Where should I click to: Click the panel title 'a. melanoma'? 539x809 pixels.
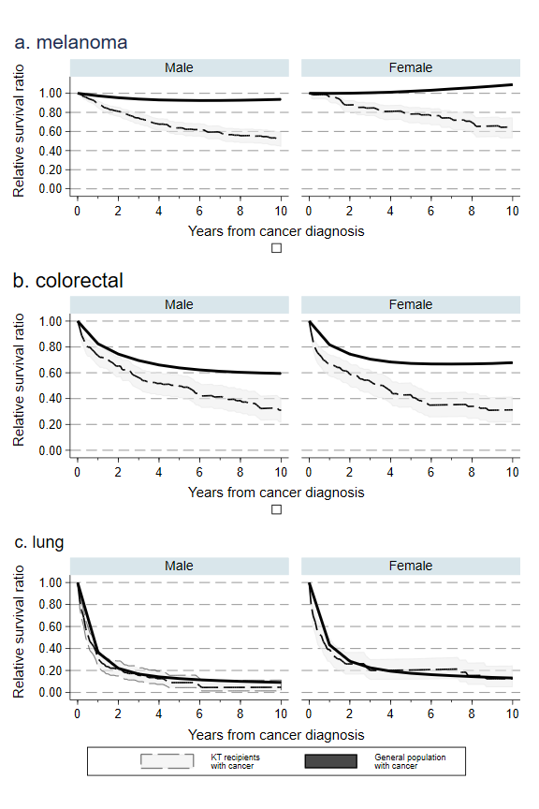(71, 42)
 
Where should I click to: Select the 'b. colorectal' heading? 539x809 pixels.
(68, 281)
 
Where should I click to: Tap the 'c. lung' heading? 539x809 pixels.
(39, 542)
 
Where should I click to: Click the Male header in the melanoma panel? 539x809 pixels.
(179, 67)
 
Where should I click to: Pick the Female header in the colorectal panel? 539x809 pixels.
(411, 304)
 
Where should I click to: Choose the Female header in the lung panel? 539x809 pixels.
(411, 566)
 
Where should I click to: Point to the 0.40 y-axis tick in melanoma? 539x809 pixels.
(51, 151)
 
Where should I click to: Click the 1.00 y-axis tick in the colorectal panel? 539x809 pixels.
(51, 321)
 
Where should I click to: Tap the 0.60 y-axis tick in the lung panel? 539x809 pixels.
(51, 626)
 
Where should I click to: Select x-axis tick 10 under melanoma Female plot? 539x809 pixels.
(512, 211)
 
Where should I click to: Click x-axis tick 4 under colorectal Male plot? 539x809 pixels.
(159, 472)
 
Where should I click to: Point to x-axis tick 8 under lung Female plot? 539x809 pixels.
(472, 713)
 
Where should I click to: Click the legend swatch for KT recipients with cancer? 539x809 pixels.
(168, 761)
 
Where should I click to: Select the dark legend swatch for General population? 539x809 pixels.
(330, 761)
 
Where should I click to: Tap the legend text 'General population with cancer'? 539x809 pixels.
(410, 761)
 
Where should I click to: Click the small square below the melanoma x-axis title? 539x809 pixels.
(276, 248)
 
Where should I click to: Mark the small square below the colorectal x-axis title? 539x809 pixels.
(276, 509)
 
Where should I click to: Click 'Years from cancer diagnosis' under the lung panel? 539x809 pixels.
(276, 735)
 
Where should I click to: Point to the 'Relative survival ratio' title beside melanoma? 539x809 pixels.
(19, 130)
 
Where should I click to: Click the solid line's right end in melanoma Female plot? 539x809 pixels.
(512, 84)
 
